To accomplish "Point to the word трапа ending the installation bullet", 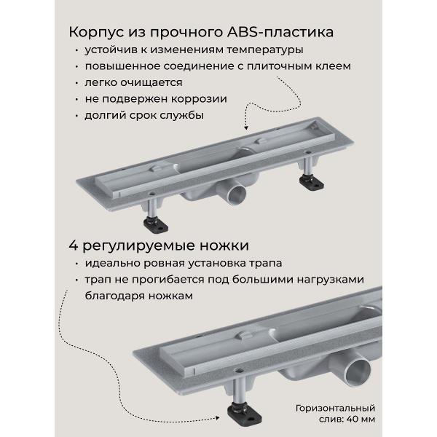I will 262,263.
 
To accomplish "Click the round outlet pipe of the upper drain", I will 236,195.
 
